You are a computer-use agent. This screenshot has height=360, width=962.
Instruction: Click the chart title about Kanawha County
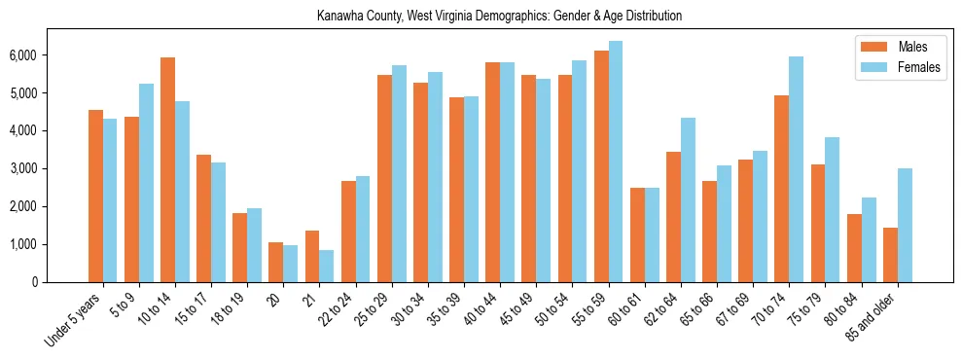tap(499, 17)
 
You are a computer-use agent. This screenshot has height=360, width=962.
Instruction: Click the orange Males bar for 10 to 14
tap(167, 170)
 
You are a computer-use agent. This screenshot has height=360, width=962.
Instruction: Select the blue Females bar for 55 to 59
tap(616, 162)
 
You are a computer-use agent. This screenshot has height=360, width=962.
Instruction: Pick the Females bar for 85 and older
tap(905, 226)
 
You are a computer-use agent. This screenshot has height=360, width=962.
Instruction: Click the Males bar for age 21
tap(312, 257)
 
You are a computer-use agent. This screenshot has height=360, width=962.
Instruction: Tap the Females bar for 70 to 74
tap(796, 169)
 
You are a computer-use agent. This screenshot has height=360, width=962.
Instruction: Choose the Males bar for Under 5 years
tap(95, 197)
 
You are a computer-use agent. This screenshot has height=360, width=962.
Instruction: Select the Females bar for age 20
tap(291, 264)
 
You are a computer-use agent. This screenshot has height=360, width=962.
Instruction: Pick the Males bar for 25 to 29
tap(384, 179)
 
